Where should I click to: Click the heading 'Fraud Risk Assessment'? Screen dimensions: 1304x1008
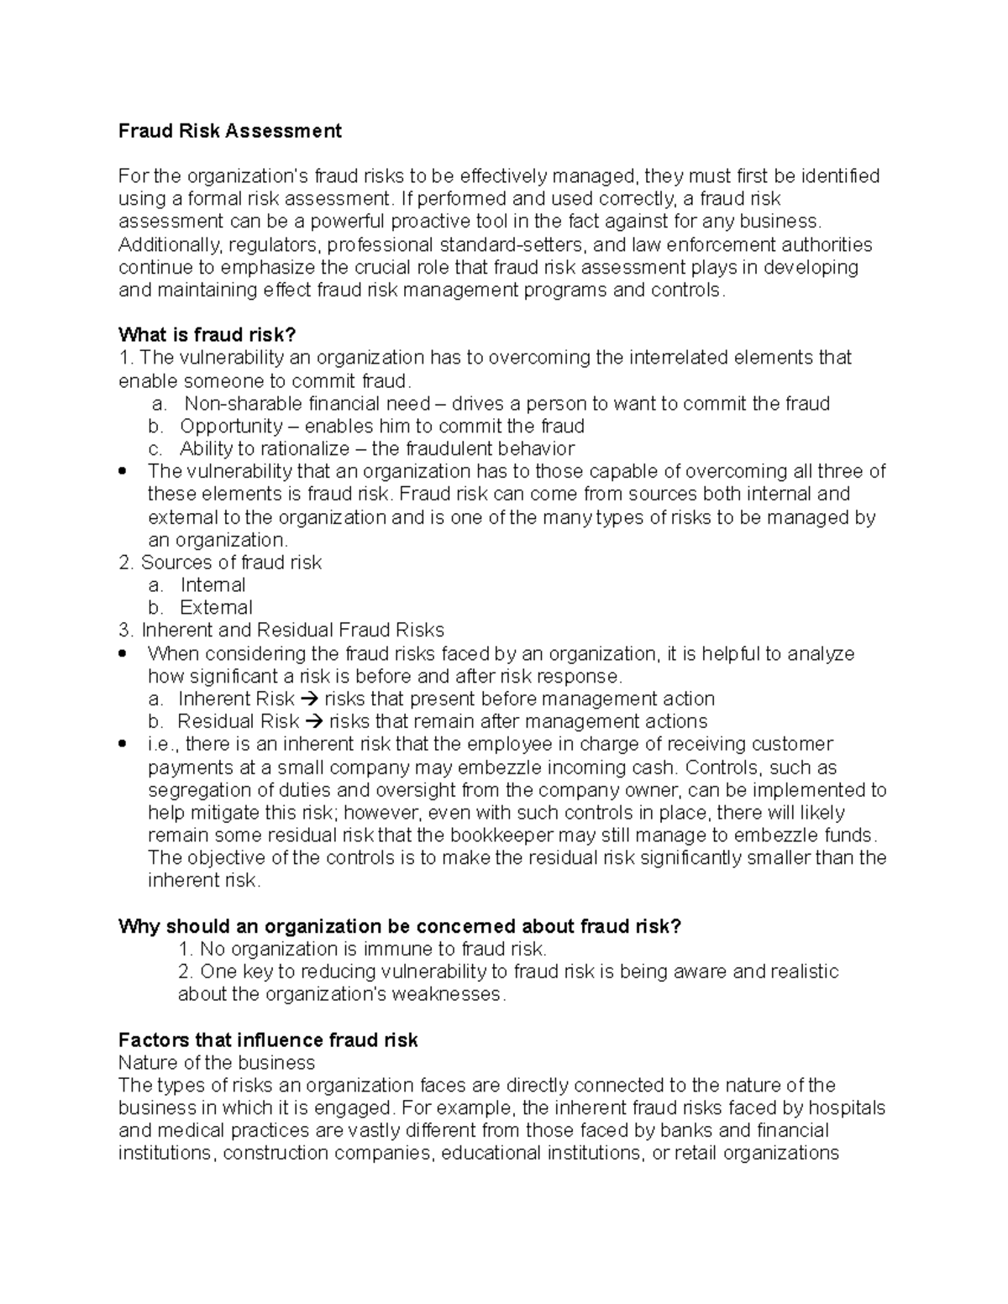click(229, 131)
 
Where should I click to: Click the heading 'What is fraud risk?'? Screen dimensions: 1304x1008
click(207, 335)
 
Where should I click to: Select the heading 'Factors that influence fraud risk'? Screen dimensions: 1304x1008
click(268, 1040)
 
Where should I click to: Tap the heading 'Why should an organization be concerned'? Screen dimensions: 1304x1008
click(400, 926)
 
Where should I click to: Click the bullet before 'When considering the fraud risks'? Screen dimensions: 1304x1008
click(124, 653)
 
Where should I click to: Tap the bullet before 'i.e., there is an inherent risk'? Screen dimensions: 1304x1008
click(124, 744)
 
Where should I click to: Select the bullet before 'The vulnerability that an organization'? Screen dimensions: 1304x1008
click(124, 471)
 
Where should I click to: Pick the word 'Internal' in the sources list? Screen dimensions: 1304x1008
click(213, 585)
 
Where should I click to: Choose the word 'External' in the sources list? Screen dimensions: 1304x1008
click(216, 608)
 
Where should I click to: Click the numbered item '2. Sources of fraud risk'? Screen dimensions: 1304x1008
click(220, 563)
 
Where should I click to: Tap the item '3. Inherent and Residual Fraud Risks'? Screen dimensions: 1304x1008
click(281, 631)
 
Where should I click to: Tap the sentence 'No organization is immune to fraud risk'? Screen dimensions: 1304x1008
click(362, 950)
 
